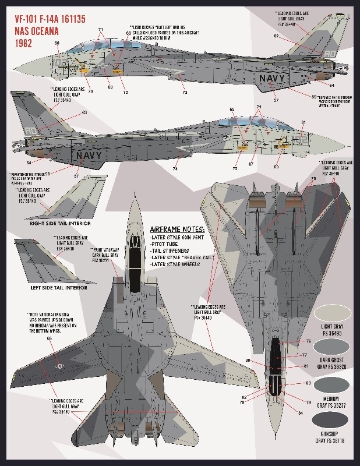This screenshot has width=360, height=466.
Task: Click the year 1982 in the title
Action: (x=23, y=43)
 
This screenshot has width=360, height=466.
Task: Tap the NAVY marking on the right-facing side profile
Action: (x=89, y=156)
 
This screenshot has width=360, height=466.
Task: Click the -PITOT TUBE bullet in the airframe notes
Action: (x=167, y=245)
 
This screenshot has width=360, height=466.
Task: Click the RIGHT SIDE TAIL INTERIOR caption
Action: (x=61, y=223)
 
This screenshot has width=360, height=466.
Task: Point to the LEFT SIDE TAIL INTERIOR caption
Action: (x=59, y=287)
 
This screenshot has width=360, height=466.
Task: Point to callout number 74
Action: (x=175, y=169)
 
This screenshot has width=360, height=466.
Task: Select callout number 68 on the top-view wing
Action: (x=50, y=338)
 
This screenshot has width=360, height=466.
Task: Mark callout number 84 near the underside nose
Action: (x=300, y=414)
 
